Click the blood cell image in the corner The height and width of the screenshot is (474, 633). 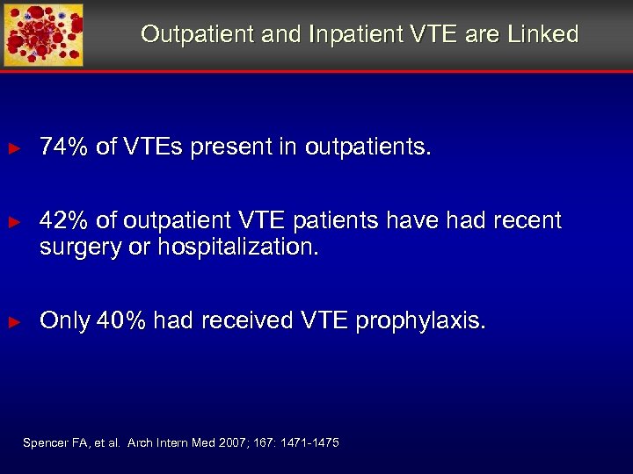[43, 35]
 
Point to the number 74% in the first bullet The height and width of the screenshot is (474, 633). [64, 147]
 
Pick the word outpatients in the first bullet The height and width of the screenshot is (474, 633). [368, 147]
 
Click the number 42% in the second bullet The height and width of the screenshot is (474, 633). [64, 220]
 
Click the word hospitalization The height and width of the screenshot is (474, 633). [238, 248]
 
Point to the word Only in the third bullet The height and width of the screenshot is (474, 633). [65, 321]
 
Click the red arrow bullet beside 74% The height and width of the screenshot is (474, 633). [13, 148]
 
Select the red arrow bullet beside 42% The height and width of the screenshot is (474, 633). [13, 221]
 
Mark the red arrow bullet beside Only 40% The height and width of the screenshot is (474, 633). [13, 322]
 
